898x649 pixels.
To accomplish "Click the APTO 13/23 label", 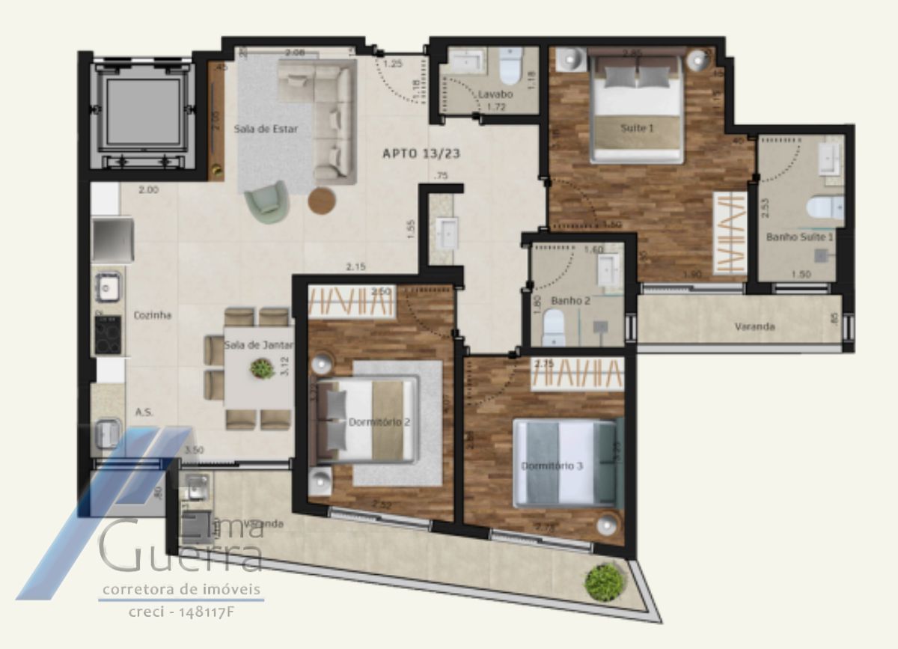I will [x=421, y=153].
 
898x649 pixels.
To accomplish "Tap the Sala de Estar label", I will [x=266, y=129].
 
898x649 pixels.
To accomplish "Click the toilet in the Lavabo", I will [x=510, y=67].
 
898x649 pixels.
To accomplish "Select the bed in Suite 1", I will [x=637, y=109].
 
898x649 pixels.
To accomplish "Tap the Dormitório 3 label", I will [x=552, y=466].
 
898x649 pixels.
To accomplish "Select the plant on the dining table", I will [x=262, y=368].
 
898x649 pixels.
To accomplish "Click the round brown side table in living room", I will [x=322, y=201].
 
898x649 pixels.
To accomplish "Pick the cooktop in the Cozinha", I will [x=107, y=333].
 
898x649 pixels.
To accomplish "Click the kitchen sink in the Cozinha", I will [x=108, y=285].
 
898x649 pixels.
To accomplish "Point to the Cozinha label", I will [x=153, y=315].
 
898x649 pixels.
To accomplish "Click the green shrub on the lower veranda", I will [x=605, y=580].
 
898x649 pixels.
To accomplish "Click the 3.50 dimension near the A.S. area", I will [x=195, y=451].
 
